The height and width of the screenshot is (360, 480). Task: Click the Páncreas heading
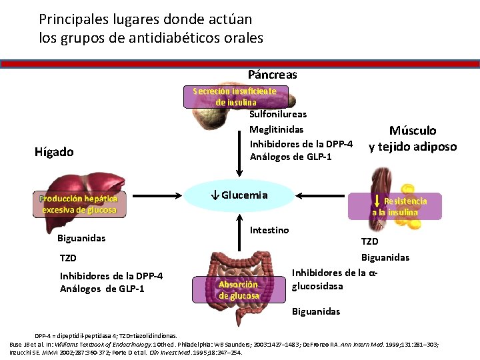(x=272, y=75)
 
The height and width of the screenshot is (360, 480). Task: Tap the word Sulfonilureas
(x=278, y=114)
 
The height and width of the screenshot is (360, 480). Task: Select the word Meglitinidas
(x=277, y=129)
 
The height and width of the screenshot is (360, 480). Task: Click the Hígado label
(x=54, y=152)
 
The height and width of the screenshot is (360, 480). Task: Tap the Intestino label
(x=269, y=230)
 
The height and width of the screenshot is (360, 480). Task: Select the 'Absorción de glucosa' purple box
(x=239, y=290)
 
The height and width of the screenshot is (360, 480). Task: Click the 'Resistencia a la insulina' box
(x=396, y=206)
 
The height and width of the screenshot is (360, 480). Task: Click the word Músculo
(x=413, y=131)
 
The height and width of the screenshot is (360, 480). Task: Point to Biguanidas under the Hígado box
(x=81, y=238)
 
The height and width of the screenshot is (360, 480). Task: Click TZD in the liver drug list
(x=68, y=258)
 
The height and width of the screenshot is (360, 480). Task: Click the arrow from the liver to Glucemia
(x=157, y=195)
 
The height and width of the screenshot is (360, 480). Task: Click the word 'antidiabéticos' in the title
(x=159, y=38)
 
